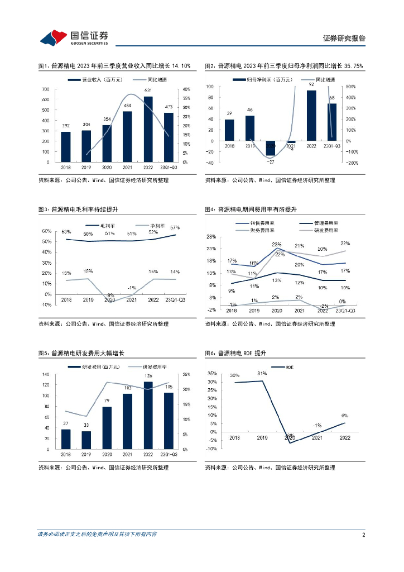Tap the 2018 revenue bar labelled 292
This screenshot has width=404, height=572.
[66, 147]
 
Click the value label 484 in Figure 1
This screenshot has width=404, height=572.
[127, 106]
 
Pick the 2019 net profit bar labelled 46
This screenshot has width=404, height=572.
[249, 128]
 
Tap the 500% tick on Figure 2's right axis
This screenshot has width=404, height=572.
[352, 87]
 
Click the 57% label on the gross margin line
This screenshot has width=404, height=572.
[175, 227]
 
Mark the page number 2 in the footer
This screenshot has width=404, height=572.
[363, 535]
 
